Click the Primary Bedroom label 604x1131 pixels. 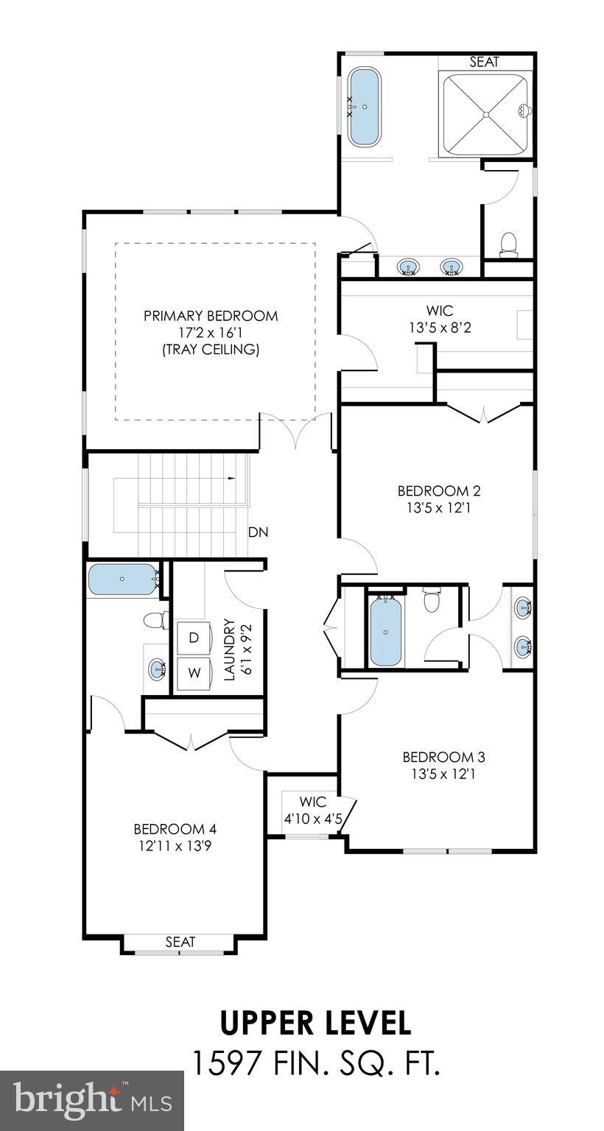211,316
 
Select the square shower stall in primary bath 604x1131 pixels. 485,114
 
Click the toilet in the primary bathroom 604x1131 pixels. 508,244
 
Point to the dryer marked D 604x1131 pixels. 193,638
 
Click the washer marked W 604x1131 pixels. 193,673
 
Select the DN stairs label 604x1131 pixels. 258,532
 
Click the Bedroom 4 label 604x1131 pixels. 175,828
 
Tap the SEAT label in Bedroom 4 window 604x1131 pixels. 180,942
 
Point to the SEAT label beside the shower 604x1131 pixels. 484,63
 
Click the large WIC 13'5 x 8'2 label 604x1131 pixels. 440,320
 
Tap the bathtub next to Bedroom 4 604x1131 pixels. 123,579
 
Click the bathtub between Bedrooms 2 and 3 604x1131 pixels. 385,631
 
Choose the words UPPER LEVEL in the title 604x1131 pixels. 315,1023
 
